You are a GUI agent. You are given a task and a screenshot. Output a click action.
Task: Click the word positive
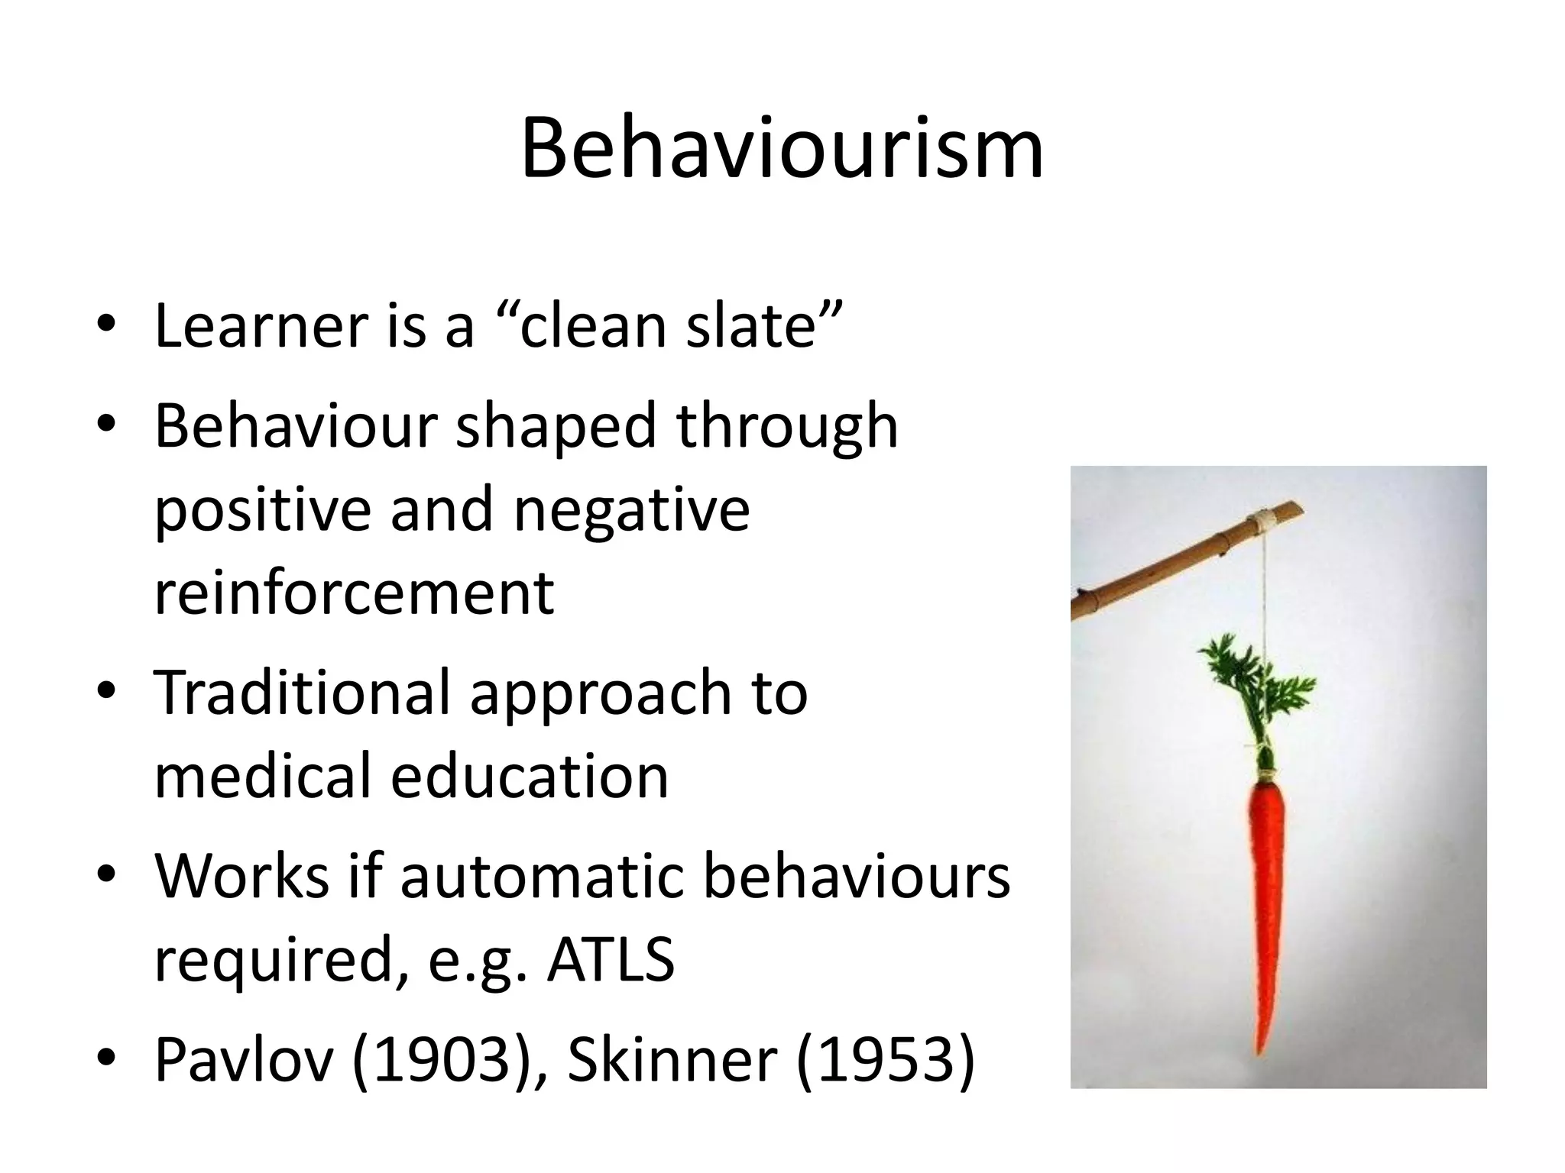point(263,510)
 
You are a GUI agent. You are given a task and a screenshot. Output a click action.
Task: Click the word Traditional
point(302,692)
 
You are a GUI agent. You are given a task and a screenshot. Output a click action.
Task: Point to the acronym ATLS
point(611,959)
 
